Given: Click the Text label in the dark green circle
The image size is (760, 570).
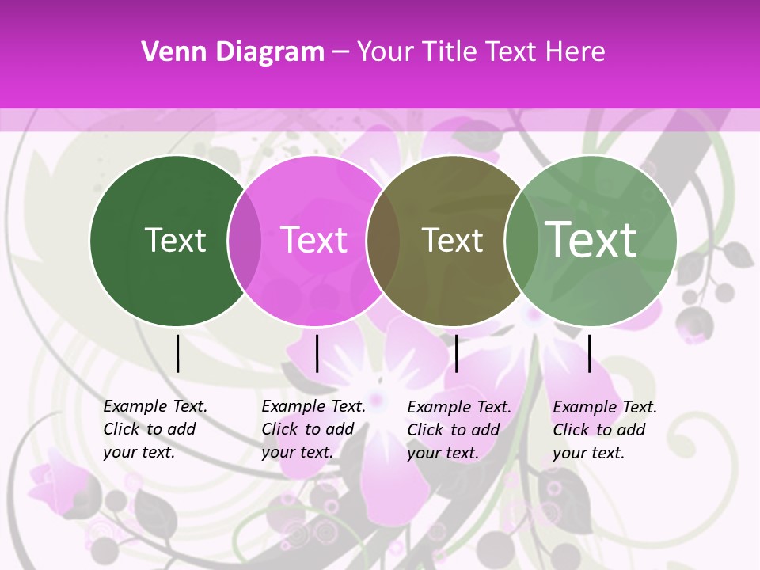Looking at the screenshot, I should [175, 240].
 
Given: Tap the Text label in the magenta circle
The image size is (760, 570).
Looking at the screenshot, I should [314, 240].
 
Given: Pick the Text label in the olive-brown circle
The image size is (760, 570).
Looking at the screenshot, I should [452, 240].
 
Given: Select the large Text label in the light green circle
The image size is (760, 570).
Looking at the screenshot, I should [591, 239].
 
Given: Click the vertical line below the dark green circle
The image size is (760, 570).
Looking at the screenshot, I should [178, 353].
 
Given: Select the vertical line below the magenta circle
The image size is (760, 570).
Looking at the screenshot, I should [317, 353].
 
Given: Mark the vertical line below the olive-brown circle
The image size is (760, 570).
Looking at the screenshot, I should [456, 353].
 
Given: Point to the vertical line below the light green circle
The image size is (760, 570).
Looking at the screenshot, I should [589, 353].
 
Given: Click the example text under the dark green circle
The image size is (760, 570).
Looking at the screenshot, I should [154, 429].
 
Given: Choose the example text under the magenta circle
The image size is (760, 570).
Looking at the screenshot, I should [313, 429].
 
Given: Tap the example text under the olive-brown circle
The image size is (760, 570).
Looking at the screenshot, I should [458, 430].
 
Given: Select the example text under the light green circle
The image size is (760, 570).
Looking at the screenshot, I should [604, 430].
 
